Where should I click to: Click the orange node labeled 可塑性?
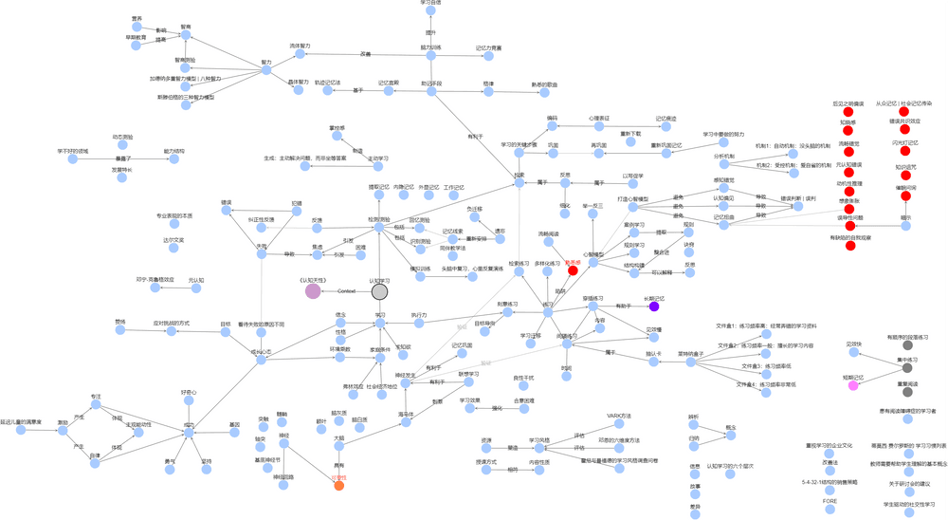(x=338, y=487)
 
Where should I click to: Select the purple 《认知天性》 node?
(x=313, y=290)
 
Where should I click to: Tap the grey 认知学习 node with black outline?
(x=379, y=290)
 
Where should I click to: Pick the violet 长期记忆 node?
(x=654, y=306)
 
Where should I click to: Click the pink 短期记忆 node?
(x=853, y=386)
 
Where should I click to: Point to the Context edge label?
(x=346, y=290)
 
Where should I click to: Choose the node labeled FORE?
(x=829, y=509)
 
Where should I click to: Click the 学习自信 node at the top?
(x=430, y=11)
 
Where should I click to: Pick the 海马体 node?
(x=406, y=423)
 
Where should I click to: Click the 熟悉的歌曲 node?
(x=544, y=93)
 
